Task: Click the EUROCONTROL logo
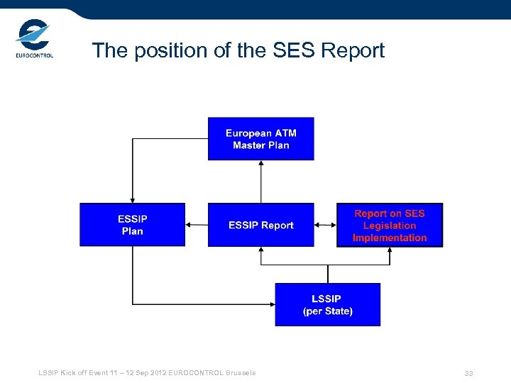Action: click(34, 39)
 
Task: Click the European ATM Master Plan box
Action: click(260, 138)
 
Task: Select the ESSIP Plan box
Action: click(132, 225)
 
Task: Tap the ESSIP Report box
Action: click(260, 225)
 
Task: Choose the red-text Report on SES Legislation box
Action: click(390, 225)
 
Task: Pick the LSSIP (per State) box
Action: click(327, 304)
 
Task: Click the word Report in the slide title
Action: click(353, 50)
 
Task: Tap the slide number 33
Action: click(469, 373)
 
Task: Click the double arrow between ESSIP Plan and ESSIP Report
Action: click(196, 225)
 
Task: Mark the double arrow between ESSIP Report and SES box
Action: click(325, 225)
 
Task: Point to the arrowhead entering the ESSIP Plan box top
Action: click(133, 200)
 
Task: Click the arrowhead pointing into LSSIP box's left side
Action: click(272, 304)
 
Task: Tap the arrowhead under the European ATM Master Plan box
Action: click(261, 164)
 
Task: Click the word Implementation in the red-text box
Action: click(390, 238)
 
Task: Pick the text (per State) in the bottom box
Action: click(328, 311)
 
